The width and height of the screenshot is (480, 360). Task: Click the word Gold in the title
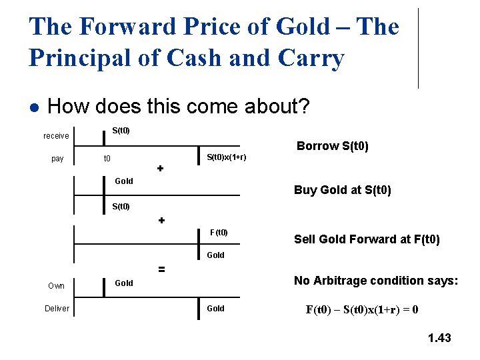click(x=302, y=27)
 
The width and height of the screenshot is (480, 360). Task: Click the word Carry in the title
click(x=313, y=59)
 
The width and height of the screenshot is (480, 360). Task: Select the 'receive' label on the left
click(x=56, y=136)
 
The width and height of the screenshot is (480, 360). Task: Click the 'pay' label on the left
click(x=57, y=159)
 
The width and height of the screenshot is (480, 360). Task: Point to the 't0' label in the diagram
click(x=106, y=159)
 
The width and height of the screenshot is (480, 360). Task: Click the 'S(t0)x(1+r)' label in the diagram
click(x=226, y=157)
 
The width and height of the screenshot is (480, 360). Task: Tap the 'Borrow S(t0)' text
click(x=333, y=146)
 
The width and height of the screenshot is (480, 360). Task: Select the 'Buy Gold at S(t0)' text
click(x=343, y=190)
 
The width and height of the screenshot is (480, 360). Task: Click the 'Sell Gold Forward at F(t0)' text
click(x=367, y=239)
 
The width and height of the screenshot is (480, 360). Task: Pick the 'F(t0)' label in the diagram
click(x=219, y=233)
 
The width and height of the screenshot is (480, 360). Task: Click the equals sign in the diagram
click(x=161, y=269)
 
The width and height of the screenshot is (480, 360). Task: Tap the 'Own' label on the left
click(x=57, y=286)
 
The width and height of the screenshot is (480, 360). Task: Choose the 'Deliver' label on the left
click(x=57, y=309)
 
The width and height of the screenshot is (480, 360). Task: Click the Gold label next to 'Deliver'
click(x=216, y=309)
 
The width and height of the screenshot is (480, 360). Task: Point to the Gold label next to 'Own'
click(x=124, y=283)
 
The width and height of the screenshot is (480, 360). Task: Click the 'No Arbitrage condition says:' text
click(x=376, y=281)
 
